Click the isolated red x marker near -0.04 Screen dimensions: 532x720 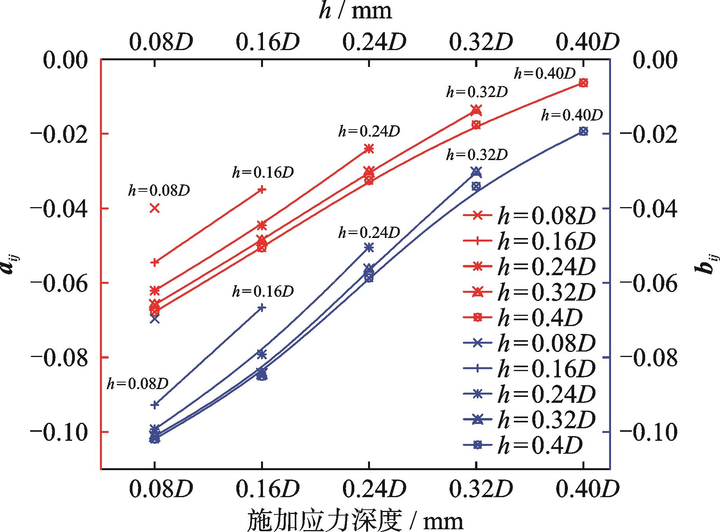(155, 208)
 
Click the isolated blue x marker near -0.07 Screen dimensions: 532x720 (155, 319)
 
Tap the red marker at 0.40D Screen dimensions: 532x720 (583, 83)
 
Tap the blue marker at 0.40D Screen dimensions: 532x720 (583, 131)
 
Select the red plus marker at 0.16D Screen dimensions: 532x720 (262, 190)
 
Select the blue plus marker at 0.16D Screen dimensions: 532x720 (262, 308)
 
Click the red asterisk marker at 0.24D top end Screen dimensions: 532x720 (369, 148)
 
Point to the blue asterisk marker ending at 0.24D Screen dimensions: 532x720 (369, 247)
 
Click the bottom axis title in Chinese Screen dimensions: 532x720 (355, 521)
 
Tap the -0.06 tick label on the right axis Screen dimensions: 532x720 (649, 283)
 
